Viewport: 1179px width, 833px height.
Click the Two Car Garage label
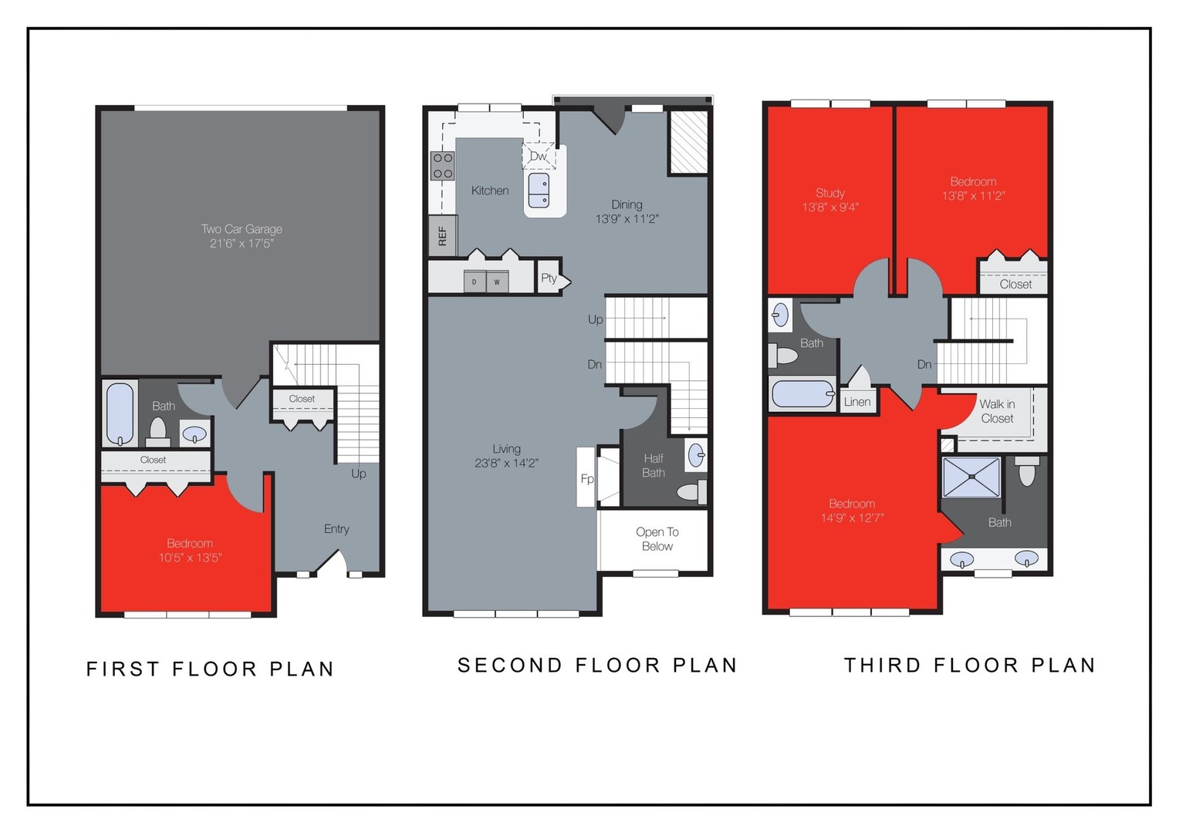coord(242,229)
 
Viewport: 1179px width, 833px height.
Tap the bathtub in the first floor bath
coord(120,413)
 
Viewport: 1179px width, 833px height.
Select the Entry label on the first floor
coord(336,529)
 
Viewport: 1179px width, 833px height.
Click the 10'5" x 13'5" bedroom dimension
coord(190,558)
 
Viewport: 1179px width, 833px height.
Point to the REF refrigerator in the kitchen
coord(442,235)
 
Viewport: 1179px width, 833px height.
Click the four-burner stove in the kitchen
coord(443,166)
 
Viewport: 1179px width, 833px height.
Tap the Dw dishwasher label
coord(538,156)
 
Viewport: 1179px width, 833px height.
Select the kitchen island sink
coord(539,190)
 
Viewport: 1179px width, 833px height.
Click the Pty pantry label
coord(549,278)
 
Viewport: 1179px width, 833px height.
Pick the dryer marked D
coord(475,282)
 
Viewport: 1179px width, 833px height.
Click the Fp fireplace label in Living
coord(586,479)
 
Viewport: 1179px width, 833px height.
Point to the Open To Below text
coord(657,539)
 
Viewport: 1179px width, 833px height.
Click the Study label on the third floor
coord(830,193)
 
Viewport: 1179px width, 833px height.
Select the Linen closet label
coord(857,402)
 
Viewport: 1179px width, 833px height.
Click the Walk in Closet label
coord(997,411)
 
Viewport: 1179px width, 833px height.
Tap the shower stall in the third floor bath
coord(971,477)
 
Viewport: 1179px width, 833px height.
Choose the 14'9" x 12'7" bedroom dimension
coord(852,518)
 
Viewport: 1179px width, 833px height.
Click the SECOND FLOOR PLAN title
coord(597,666)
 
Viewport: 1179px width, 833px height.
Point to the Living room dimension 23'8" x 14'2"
coord(506,464)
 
